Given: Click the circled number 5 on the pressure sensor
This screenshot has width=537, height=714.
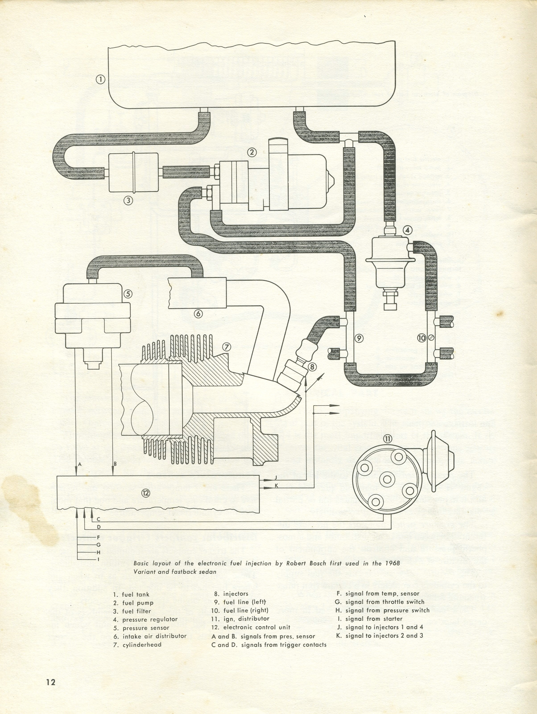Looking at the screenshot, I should [128, 294].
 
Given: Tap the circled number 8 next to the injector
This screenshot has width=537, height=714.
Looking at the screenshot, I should [312, 366].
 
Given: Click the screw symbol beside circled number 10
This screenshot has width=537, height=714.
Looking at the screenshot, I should [432, 338].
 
